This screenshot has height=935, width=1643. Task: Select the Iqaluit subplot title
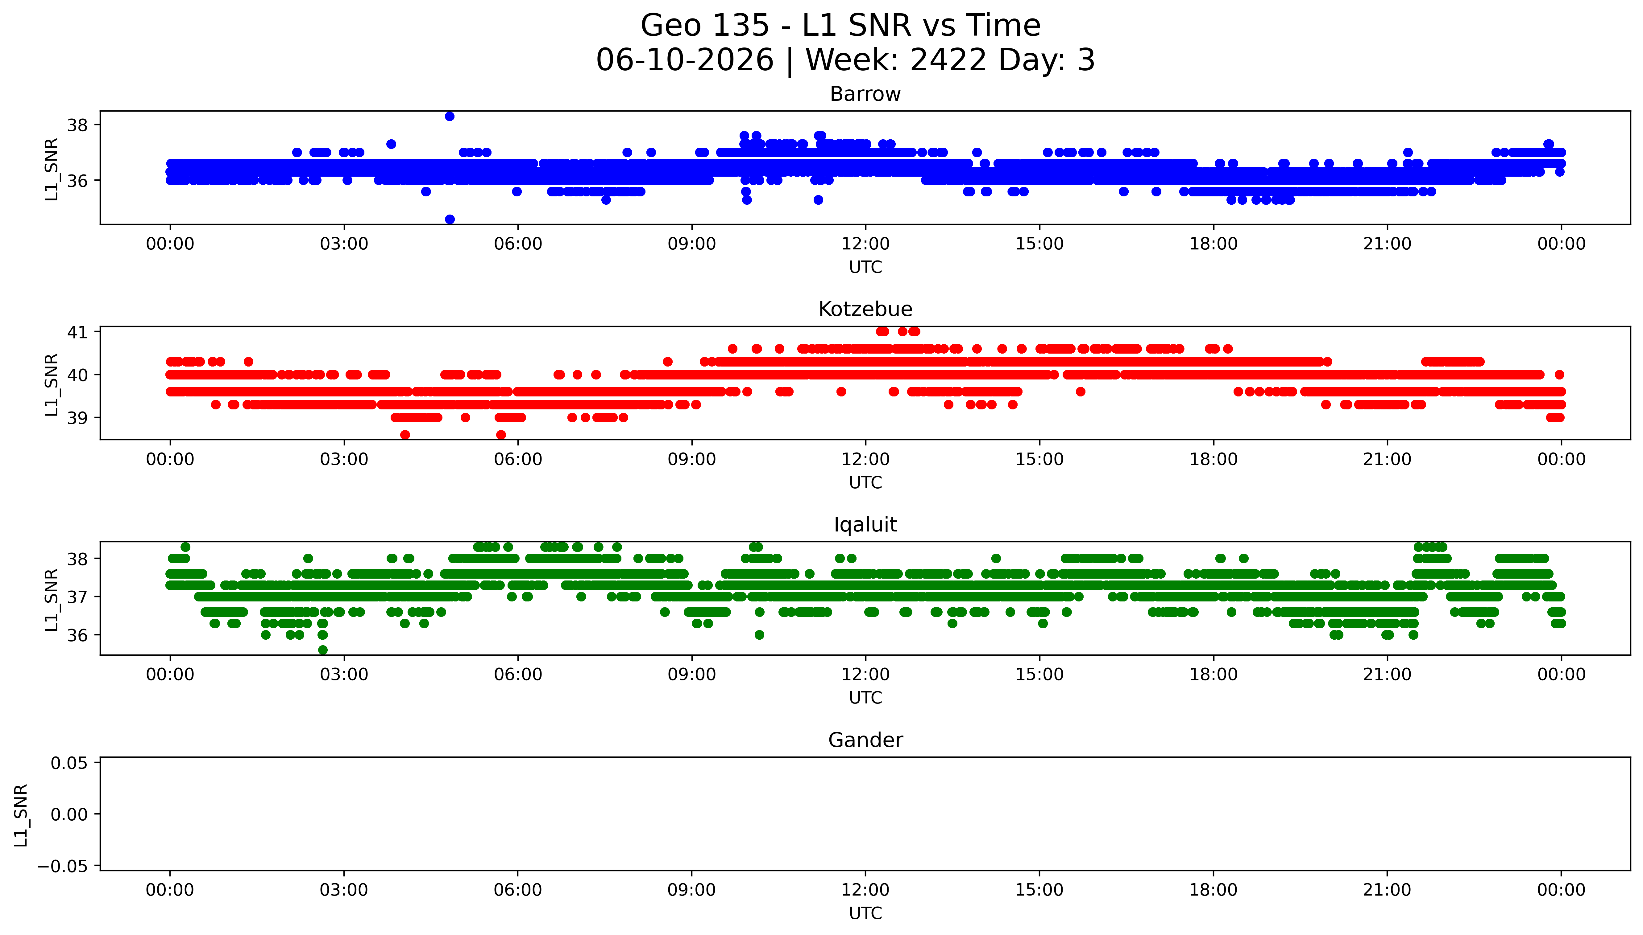pyautogui.click(x=865, y=525)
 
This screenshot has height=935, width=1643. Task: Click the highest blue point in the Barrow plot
pyautogui.click(x=450, y=116)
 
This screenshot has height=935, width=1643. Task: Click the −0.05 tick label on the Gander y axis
pyautogui.click(x=63, y=866)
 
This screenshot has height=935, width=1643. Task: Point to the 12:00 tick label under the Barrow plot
pyautogui.click(x=865, y=244)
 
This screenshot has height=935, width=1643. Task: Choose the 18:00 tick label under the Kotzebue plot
pyautogui.click(x=1213, y=459)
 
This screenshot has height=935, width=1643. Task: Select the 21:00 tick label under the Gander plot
pyautogui.click(x=1387, y=890)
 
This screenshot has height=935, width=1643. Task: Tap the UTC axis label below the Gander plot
pyautogui.click(x=865, y=913)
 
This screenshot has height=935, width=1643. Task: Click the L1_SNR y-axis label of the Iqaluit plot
pyautogui.click(x=52, y=599)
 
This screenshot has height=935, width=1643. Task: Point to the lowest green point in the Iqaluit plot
pyautogui.click(x=322, y=650)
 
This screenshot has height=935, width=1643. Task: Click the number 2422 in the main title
pyautogui.click(x=948, y=60)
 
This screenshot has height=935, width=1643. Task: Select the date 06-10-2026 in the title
pyautogui.click(x=685, y=60)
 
